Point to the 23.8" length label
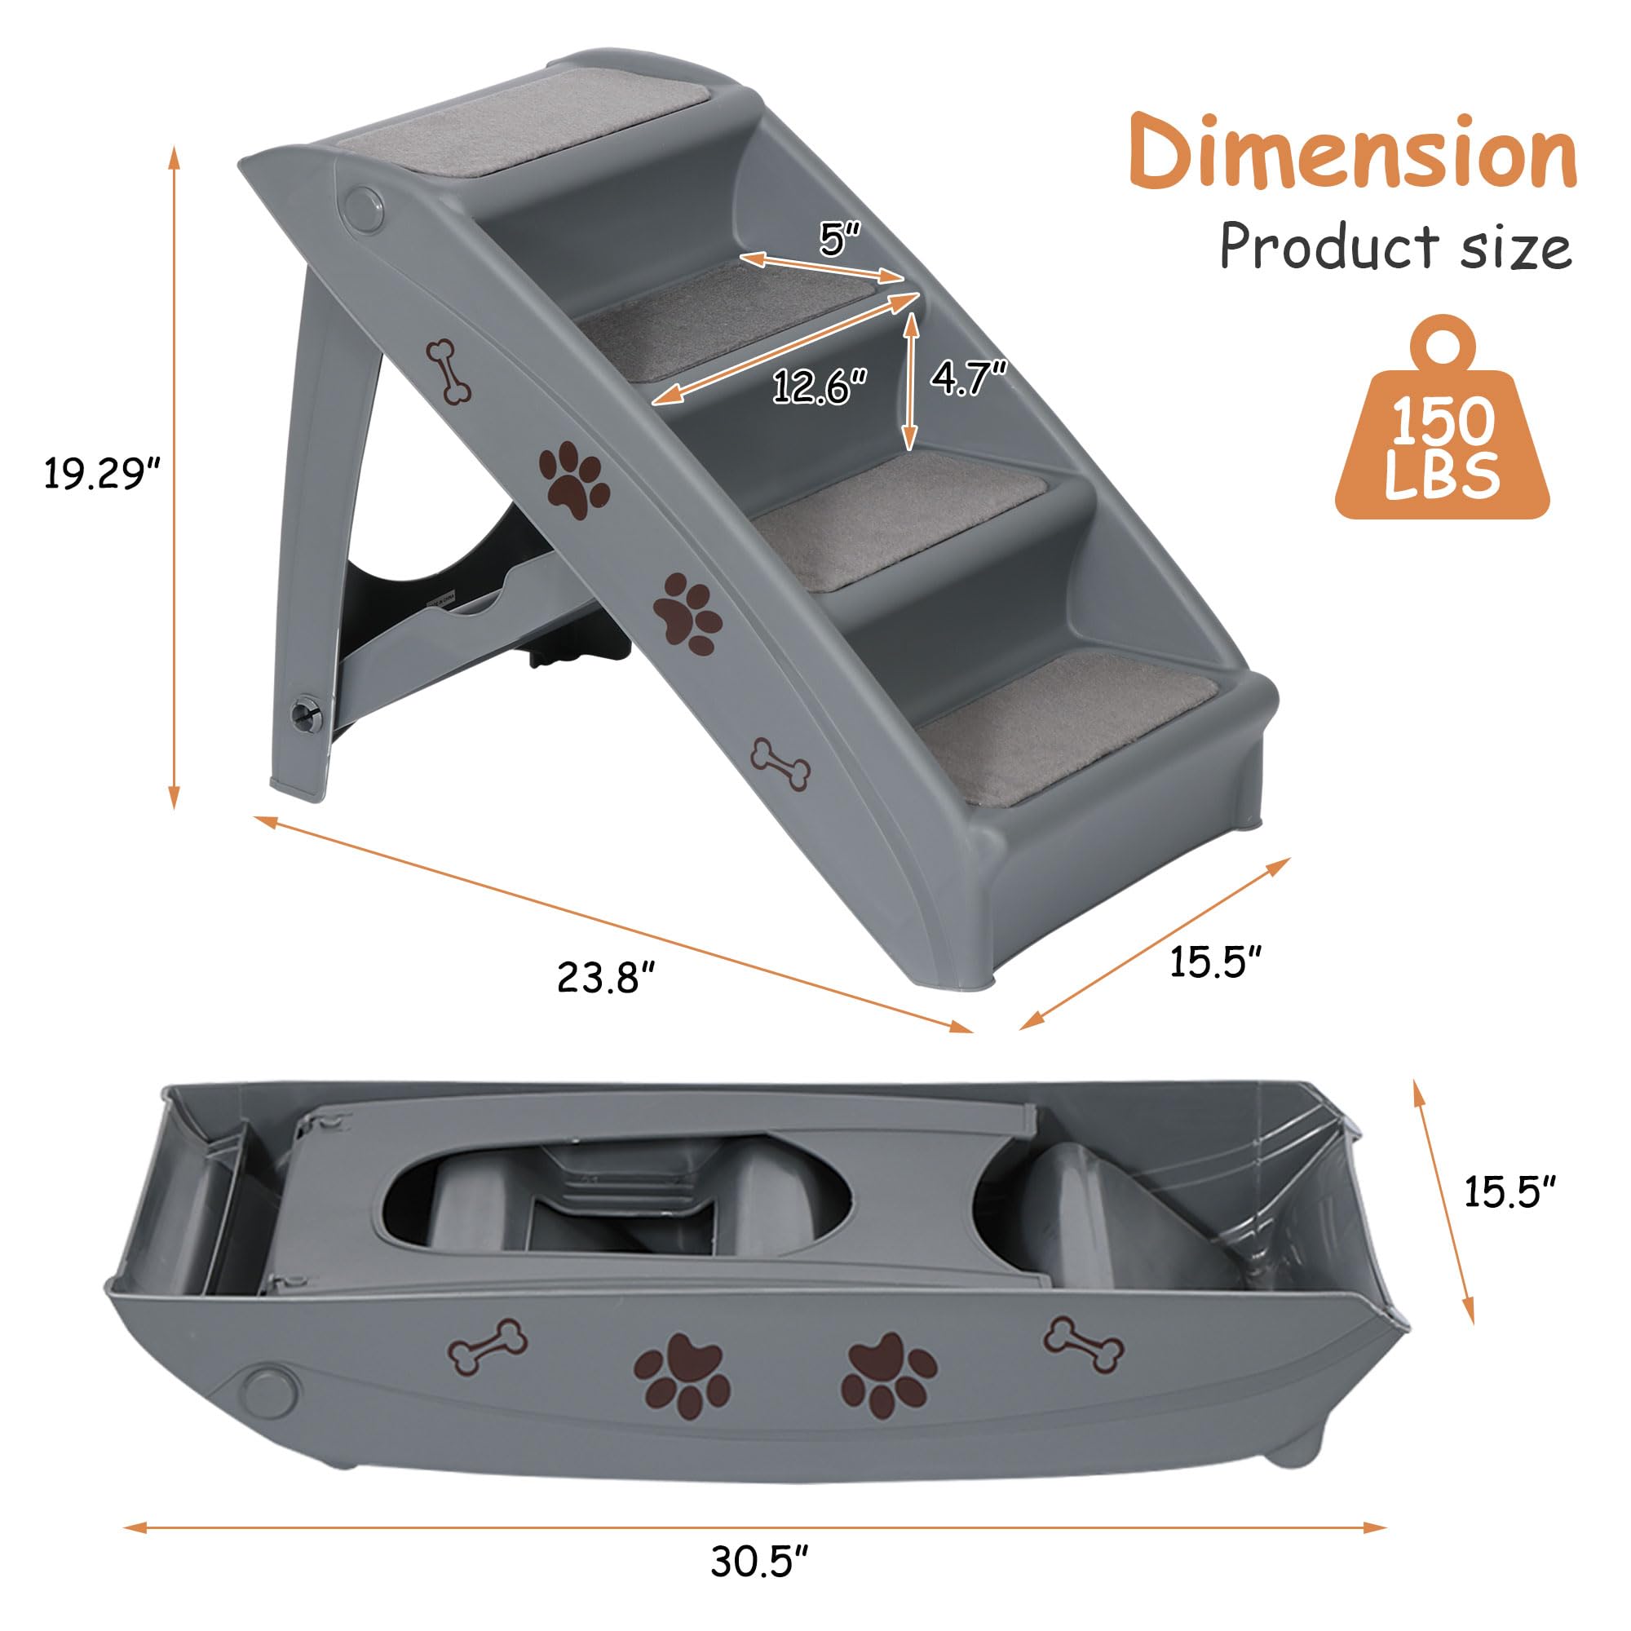(x=606, y=978)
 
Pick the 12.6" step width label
(x=820, y=387)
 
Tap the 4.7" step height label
(x=969, y=378)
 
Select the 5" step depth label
(x=838, y=240)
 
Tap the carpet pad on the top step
(x=524, y=126)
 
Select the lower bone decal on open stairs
(x=781, y=764)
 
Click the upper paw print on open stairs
(x=574, y=480)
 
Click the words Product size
(x=1395, y=246)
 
